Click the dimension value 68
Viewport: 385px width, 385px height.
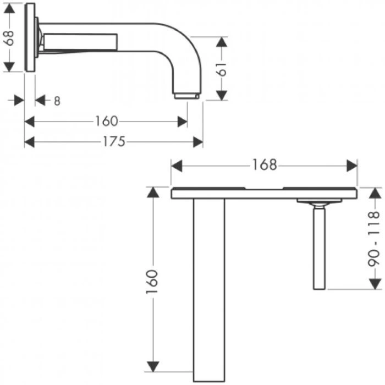click(9, 38)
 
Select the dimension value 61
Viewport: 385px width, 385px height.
click(222, 69)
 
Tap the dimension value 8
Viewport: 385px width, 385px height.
click(57, 101)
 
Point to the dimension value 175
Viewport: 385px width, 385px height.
click(114, 142)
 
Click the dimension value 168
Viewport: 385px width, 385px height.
click(265, 165)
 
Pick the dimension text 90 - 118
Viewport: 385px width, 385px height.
click(374, 239)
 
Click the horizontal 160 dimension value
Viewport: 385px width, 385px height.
click(107, 121)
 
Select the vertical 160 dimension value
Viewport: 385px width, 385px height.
click(152, 282)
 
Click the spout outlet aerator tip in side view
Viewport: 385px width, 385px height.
click(186, 96)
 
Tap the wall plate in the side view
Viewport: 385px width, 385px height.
click(30, 37)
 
